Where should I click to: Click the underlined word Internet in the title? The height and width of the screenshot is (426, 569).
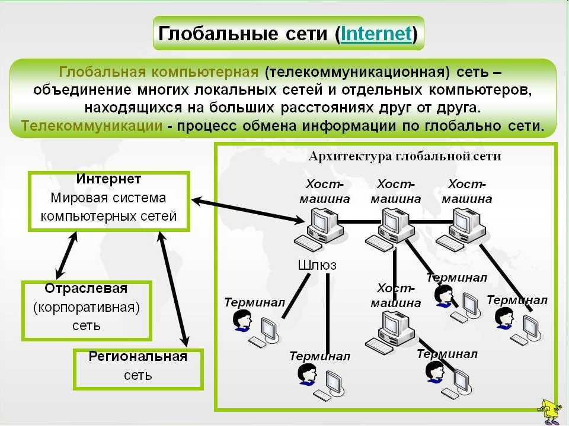click(376, 34)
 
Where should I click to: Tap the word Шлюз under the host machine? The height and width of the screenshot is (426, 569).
click(317, 265)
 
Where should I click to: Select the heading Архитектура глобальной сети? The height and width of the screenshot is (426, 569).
click(405, 156)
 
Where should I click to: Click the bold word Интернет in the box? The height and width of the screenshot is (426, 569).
click(108, 179)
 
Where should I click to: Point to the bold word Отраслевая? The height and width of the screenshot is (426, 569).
click(87, 289)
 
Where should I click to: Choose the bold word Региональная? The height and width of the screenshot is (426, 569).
click(138, 356)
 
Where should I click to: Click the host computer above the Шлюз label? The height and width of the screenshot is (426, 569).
click(319, 230)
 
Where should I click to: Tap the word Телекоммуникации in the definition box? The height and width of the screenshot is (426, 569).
click(92, 126)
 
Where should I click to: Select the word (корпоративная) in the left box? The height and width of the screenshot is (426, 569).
click(87, 308)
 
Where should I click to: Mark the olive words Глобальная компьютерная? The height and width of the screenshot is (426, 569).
click(159, 72)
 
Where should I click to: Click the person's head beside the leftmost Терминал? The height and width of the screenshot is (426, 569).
click(242, 321)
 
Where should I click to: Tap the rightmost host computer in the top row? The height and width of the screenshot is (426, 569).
click(461, 230)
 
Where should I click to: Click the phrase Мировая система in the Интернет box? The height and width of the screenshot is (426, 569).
click(108, 198)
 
